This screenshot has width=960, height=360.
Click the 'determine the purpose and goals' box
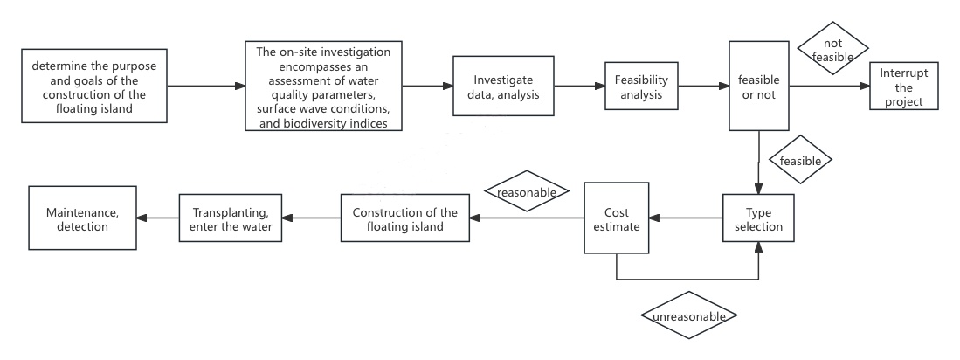[93, 87]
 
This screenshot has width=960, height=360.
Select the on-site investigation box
[323, 87]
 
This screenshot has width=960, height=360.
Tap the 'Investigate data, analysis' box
[505, 87]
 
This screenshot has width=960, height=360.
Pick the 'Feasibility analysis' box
[642, 87]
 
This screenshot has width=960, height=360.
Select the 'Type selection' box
[758, 218]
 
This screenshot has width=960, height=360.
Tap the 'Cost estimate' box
[616, 218]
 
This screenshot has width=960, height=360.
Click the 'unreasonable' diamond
[688, 315]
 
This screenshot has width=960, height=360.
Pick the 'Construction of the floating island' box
[404, 218]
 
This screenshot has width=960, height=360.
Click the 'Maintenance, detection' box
[83, 218]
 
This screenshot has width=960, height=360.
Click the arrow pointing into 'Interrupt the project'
[830, 87]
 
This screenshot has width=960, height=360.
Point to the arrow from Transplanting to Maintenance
[157, 218]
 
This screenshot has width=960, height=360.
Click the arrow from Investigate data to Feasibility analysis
[580, 87]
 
